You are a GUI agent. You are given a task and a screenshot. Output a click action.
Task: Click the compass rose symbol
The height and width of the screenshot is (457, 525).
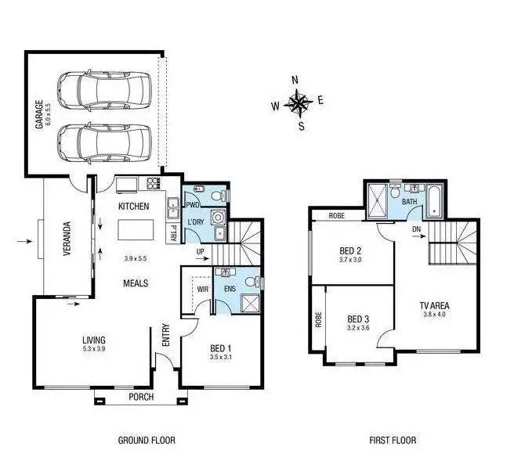click(x=299, y=101)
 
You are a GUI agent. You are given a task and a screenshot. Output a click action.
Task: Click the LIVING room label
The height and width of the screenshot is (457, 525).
click(x=94, y=340)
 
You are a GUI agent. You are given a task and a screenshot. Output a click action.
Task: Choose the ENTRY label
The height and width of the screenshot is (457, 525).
click(x=165, y=336)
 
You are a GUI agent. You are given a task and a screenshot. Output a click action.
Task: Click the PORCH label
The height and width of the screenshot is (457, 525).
click(x=141, y=397)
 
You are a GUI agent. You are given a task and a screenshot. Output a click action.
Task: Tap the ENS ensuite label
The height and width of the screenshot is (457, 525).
click(x=230, y=289)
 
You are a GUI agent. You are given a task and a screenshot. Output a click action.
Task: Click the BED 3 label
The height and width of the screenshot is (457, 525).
click(x=357, y=319)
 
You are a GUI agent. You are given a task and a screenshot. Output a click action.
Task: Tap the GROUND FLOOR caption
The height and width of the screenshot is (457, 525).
click(x=146, y=441)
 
